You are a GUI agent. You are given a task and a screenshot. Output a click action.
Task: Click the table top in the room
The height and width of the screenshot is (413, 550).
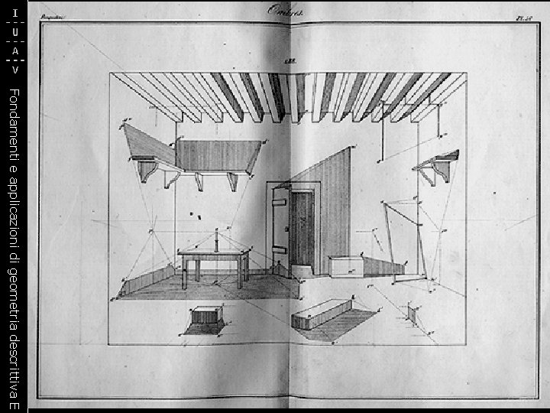point(215,252)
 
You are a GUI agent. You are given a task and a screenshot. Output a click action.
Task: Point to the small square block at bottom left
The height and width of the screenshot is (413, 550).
point(206,315)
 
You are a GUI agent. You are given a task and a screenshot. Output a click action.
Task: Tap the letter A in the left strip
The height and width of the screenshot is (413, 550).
point(15,50)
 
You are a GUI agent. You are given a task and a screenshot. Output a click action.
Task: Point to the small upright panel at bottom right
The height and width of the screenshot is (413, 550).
point(412,311)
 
